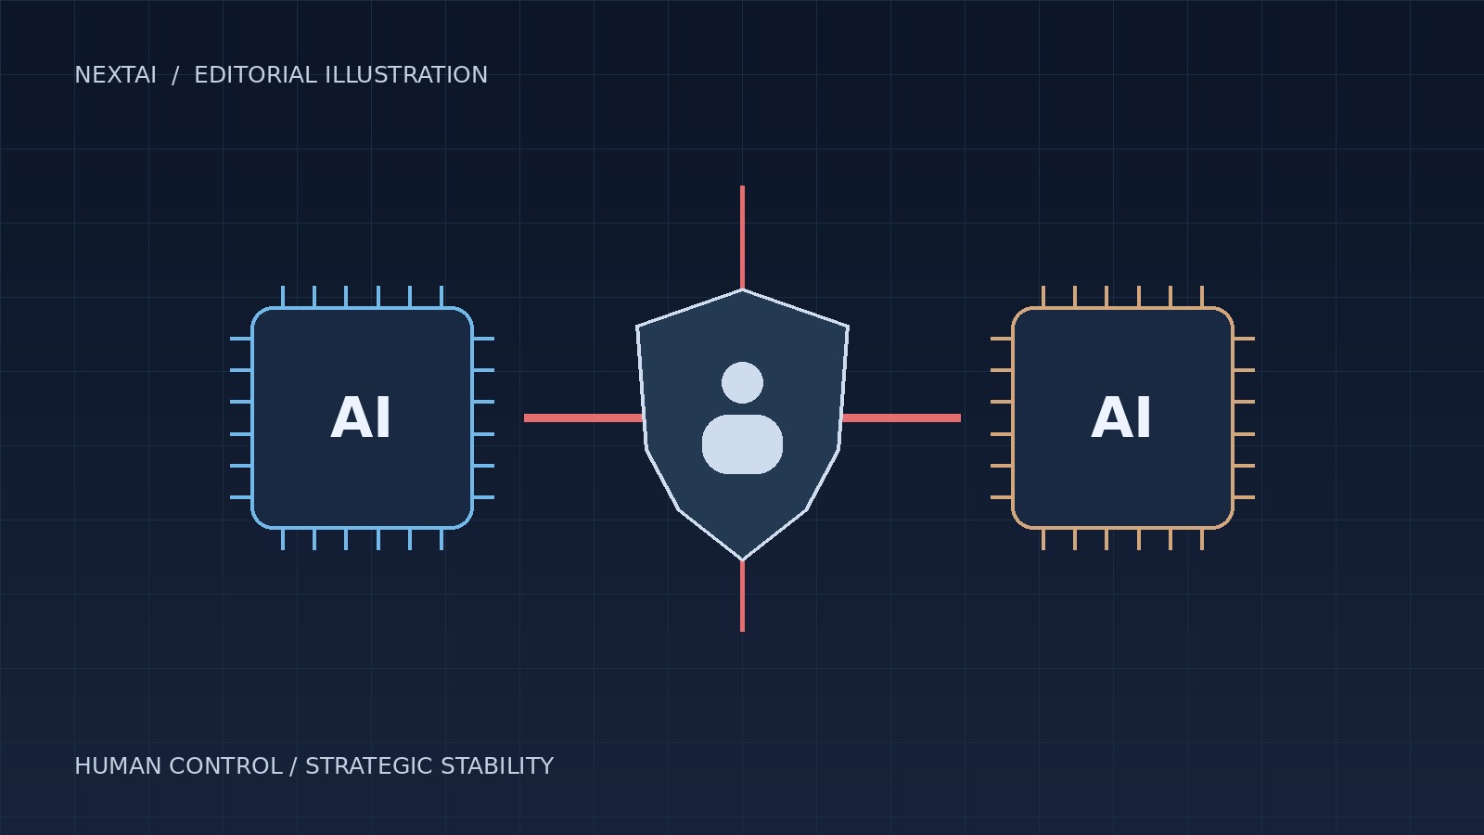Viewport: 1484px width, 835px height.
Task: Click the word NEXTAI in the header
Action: [x=115, y=75]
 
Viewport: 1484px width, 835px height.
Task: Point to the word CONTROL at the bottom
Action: [x=226, y=766]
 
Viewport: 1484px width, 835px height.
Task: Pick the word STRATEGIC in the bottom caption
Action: [x=368, y=766]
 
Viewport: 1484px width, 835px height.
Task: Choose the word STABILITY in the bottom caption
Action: [x=497, y=766]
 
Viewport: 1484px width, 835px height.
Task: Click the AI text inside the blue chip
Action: [x=361, y=418]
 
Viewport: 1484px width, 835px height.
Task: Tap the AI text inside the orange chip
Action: [x=1121, y=418]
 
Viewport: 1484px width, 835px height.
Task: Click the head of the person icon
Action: [x=742, y=382]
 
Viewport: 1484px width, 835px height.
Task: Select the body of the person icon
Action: [x=742, y=444]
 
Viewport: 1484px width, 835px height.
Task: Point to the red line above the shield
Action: [x=742, y=238]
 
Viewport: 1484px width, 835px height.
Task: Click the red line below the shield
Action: [x=742, y=597]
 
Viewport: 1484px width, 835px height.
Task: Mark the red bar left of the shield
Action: [x=583, y=418]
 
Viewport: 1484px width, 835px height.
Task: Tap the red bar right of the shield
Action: [x=901, y=418]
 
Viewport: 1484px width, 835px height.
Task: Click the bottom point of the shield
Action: [x=742, y=560]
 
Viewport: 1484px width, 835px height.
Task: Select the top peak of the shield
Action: [x=742, y=289]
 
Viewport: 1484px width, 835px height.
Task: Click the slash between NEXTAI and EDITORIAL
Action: [x=175, y=75]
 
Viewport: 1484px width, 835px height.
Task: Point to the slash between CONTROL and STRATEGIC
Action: [x=293, y=766]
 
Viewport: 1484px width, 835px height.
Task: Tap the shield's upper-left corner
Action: [x=637, y=327]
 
